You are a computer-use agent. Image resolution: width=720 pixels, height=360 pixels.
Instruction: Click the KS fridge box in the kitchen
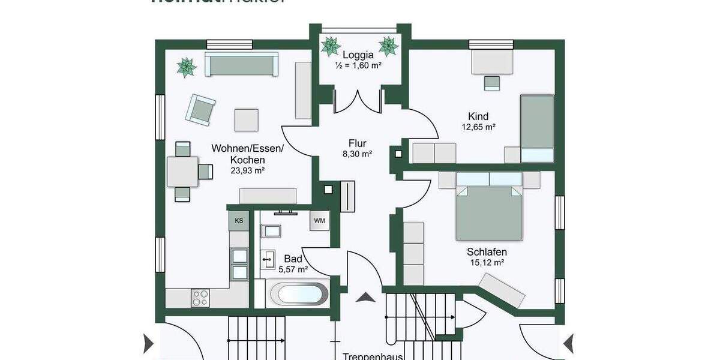(239, 220)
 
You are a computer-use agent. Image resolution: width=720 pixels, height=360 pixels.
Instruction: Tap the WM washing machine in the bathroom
(320, 220)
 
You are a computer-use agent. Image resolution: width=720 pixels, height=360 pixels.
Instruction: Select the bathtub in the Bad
(298, 295)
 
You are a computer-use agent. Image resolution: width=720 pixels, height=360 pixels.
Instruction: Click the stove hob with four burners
(200, 298)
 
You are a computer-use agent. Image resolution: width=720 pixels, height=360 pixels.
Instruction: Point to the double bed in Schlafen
(489, 207)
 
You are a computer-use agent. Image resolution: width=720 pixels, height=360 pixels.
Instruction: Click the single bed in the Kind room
(536, 128)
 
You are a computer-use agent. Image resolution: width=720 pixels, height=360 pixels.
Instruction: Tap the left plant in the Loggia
(331, 46)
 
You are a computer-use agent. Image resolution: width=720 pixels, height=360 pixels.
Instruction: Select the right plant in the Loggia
(388, 46)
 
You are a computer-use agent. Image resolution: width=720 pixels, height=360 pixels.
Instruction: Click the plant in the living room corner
(187, 67)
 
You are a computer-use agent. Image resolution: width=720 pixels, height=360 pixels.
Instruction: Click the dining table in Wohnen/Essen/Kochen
(182, 172)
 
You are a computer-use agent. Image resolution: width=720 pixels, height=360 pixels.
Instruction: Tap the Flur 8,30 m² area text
(358, 148)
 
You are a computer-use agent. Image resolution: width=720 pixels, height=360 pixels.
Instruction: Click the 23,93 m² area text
(248, 170)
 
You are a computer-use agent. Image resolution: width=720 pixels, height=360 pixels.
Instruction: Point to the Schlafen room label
(487, 252)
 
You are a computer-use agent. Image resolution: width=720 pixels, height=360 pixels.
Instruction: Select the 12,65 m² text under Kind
(478, 127)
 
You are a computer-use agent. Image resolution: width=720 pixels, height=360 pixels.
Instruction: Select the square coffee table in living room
(246, 119)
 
